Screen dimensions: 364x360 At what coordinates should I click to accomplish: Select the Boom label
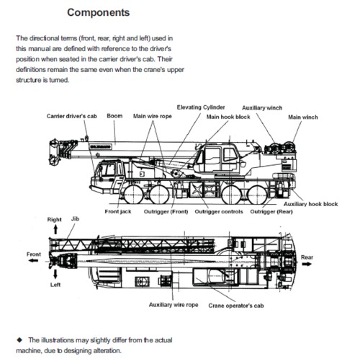pyautogui.click(x=114, y=115)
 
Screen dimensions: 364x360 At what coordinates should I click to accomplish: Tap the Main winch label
pyautogui.click(x=302, y=116)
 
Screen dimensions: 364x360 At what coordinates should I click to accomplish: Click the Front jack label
pyautogui.click(x=117, y=212)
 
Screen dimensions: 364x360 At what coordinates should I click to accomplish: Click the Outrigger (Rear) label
pyautogui.click(x=271, y=212)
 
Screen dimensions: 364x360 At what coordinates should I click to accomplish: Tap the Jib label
pyautogui.click(x=76, y=218)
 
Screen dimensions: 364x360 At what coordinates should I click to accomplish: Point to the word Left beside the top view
pyautogui.click(x=55, y=284)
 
